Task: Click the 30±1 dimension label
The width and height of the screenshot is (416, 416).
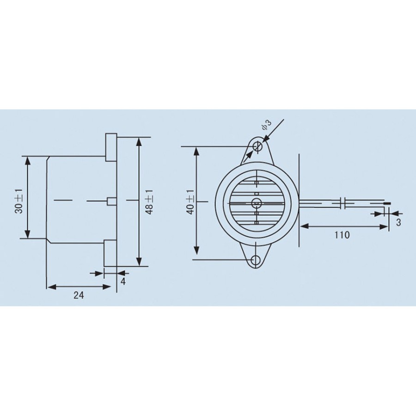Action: pos(18,201)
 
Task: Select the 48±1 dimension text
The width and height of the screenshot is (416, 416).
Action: pos(149,202)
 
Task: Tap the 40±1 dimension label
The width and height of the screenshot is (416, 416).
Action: pos(190,202)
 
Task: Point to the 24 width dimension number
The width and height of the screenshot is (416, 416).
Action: pos(79,295)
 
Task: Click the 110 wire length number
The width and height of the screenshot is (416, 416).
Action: pos(342,235)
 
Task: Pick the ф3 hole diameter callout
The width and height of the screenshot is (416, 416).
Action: pos(267,125)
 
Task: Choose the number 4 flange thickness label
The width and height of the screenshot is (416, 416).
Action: pos(123,281)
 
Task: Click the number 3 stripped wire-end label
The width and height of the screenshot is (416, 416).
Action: pos(398,222)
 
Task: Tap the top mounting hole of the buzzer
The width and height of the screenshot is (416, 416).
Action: pos(257,146)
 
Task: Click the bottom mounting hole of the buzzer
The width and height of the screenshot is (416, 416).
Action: pos(256,260)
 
